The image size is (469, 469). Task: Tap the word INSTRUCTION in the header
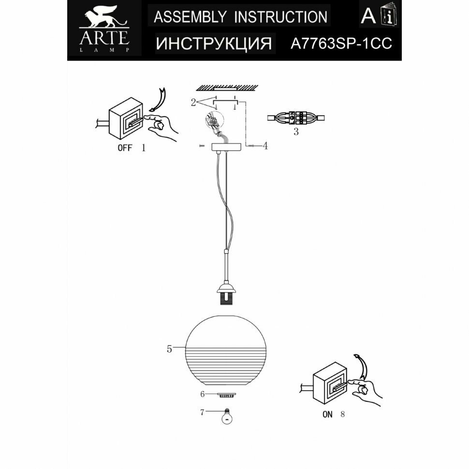280,17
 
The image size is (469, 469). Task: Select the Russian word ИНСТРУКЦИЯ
214,44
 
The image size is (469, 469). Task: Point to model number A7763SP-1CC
341,44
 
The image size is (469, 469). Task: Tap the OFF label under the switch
125,148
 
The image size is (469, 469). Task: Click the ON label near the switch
327,414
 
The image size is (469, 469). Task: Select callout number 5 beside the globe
169,349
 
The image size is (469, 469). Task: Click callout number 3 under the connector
296,132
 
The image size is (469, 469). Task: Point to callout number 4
265,146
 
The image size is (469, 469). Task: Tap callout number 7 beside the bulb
202,412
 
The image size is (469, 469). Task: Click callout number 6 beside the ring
203,394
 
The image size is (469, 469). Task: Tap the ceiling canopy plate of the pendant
226,147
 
